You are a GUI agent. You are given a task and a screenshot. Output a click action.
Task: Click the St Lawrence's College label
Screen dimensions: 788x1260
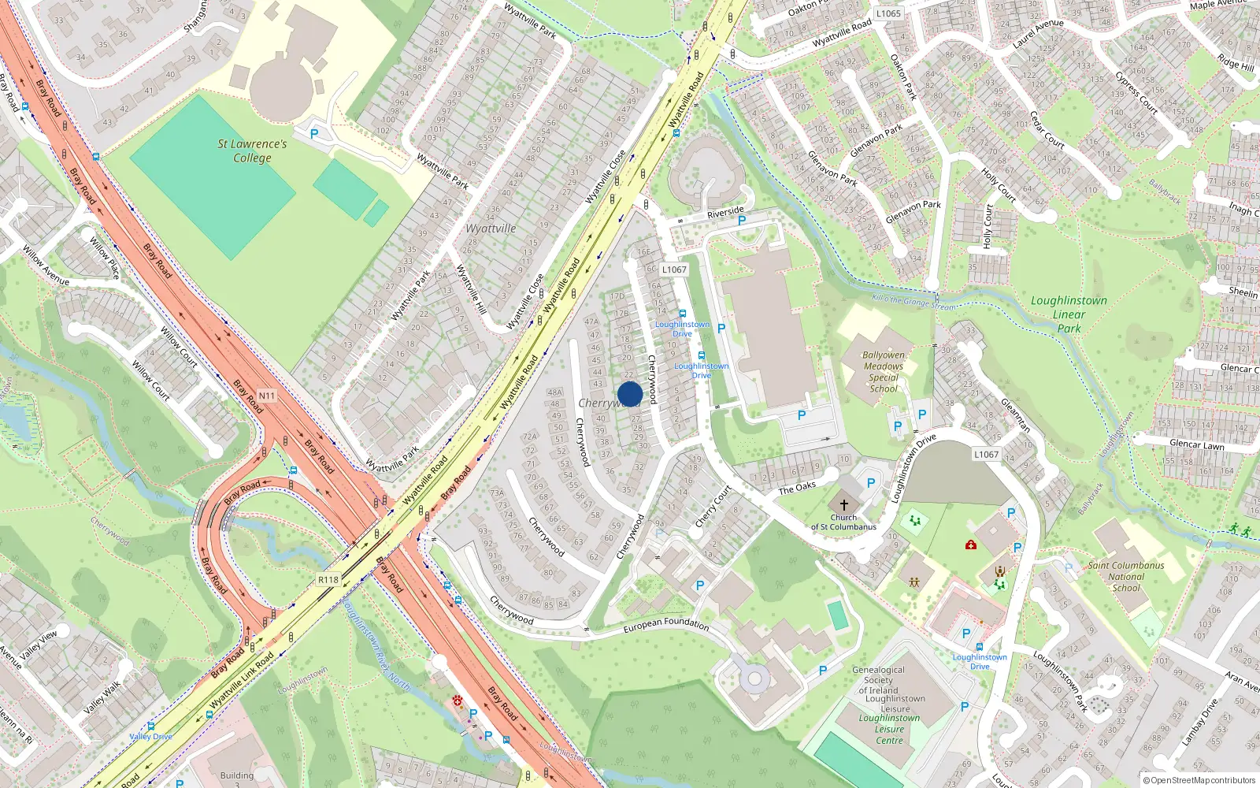pyautogui.click(x=252, y=151)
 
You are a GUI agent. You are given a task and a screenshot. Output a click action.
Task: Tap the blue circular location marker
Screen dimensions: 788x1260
pyautogui.click(x=630, y=394)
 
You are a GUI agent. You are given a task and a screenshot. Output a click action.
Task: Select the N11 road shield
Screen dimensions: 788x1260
pyautogui.click(x=267, y=396)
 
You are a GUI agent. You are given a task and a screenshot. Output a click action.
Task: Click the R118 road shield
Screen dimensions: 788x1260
pyautogui.click(x=328, y=579)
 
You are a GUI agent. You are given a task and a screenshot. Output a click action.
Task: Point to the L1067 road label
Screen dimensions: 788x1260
pyautogui.click(x=674, y=269)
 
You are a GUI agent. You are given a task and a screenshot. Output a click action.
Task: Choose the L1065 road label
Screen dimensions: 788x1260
pyautogui.click(x=888, y=13)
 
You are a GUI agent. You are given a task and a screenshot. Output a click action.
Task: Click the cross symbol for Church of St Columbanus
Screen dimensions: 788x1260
pyautogui.click(x=843, y=504)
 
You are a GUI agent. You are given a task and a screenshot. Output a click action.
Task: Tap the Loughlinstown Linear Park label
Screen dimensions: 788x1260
pyautogui.click(x=1069, y=314)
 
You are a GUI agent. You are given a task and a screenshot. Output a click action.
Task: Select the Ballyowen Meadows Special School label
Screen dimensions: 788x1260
pyautogui.click(x=884, y=371)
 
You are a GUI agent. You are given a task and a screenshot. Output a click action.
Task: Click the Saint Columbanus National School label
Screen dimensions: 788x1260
pyautogui.click(x=1125, y=576)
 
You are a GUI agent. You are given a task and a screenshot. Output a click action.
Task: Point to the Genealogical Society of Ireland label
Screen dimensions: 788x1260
pyautogui.click(x=878, y=679)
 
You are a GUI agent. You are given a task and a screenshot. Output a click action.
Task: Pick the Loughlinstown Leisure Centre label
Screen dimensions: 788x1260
pyautogui.click(x=889, y=729)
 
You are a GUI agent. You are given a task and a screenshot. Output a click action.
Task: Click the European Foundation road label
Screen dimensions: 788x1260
pyautogui.click(x=665, y=624)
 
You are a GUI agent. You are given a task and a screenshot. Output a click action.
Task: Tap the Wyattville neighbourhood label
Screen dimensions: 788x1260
pyautogui.click(x=491, y=229)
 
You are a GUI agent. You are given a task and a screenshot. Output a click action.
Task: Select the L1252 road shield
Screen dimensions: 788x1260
pyautogui.click(x=986, y=454)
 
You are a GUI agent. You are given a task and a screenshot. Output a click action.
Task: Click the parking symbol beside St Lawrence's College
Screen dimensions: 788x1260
pyautogui.click(x=314, y=134)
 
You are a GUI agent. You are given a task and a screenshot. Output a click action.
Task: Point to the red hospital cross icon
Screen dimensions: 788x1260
pyautogui.click(x=970, y=545)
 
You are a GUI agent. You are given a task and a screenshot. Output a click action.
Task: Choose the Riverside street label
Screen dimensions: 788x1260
pyautogui.click(x=725, y=212)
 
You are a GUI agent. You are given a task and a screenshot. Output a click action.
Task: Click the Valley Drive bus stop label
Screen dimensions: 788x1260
pyautogui.click(x=150, y=736)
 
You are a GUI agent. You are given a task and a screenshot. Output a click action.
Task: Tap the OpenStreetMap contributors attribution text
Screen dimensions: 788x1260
pyautogui.click(x=1199, y=780)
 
